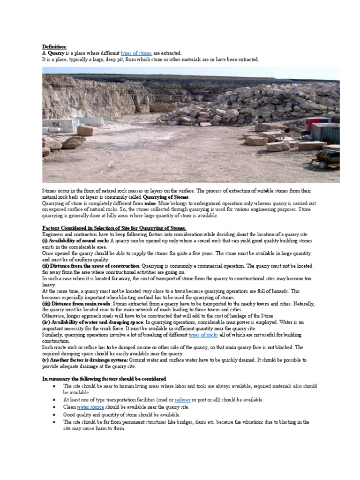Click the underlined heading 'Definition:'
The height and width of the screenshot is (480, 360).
pos(54,46)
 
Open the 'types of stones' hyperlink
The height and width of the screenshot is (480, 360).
pos(136,53)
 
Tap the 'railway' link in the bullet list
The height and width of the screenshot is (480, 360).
pos(182,400)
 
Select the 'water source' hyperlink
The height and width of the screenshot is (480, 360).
pos(90,407)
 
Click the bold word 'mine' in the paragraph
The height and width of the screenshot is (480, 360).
pos(150,204)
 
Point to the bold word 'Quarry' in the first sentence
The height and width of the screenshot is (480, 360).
pos(56,53)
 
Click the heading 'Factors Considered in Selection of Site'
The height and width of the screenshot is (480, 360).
pos(114,228)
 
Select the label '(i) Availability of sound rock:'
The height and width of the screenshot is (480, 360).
pos(75,240)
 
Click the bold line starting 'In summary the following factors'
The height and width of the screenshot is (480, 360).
pos(104,378)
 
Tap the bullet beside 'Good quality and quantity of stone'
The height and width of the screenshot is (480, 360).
pos(55,415)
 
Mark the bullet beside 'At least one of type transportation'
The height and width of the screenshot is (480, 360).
pos(55,400)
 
